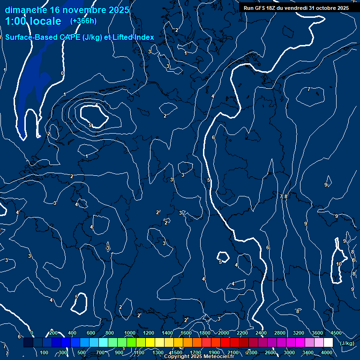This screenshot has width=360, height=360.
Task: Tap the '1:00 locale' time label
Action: click(33, 21)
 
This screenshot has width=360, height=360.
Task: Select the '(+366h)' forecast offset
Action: click(83, 21)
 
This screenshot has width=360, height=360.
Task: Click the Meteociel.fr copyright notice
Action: click(199, 357)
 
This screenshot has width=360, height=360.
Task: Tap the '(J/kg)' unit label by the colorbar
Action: click(347, 343)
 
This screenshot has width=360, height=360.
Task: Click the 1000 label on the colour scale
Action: click(130, 333)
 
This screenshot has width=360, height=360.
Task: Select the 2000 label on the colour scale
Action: click(224, 333)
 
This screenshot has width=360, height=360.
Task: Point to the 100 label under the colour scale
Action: click(45, 352)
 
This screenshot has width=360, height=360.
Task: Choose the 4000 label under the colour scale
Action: click(327, 352)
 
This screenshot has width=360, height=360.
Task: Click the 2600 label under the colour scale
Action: click(270, 352)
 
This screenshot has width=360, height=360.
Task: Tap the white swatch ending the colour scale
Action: click(328, 343)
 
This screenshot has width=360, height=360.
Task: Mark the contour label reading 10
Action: click(339, 264)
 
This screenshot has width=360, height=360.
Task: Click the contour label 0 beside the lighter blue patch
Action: click(62, 73)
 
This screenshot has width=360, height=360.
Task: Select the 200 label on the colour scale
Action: click(53, 333)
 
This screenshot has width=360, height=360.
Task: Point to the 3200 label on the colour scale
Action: click(299, 333)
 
